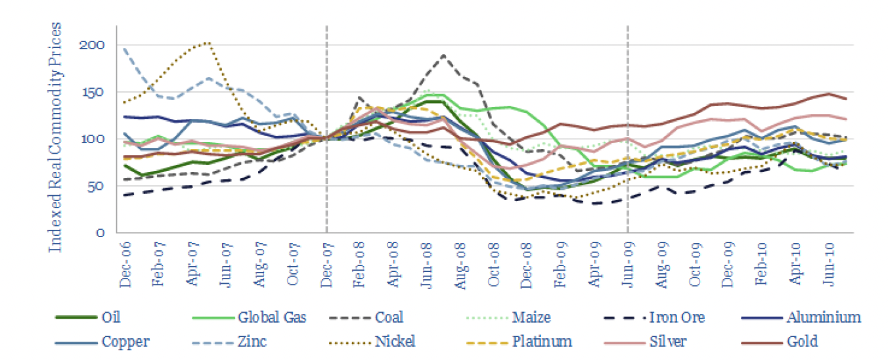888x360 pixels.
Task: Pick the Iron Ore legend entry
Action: pos(677,318)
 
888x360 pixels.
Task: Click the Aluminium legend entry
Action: pos(823,318)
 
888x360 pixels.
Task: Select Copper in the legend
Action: pos(125,342)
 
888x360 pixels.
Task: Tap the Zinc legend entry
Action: pos(252,342)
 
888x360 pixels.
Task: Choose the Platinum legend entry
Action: pos(543,342)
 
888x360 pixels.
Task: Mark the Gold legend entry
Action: pos(803,342)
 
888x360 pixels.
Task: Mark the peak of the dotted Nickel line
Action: pos(208,43)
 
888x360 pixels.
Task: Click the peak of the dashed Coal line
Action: pos(444,55)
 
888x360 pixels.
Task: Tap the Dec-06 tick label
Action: pos(125,267)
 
